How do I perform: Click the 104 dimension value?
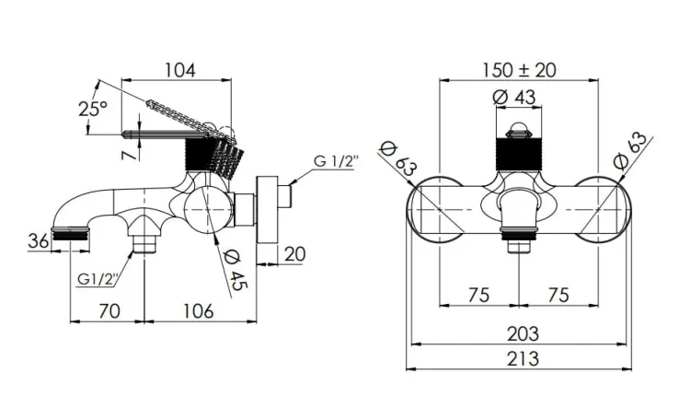click(x=180, y=70)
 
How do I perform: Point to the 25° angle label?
click(x=93, y=109)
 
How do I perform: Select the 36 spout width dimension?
click(x=39, y=241)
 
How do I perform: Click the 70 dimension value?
click(x=109, y=311)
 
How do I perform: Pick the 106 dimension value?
click(x=199, y=311)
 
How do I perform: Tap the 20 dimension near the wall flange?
click(x=294, y=254)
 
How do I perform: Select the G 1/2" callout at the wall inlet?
click(x=336, y=161)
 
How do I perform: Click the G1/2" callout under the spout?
click(x=98, y=278)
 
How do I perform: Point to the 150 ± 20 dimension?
click(x=519, y=70)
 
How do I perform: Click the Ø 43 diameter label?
click(x=514, y=97)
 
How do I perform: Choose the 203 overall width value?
click(x=523, y=334)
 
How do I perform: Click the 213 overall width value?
click(x=523, y=358)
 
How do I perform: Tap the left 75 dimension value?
click(x=478, y=295)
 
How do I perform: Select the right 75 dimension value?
click(x=558, y=295)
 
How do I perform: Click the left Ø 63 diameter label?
click(x=399, y=160)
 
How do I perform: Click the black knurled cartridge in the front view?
click(x=519, y=154)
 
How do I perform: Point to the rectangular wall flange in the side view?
click(x=267, y=210)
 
